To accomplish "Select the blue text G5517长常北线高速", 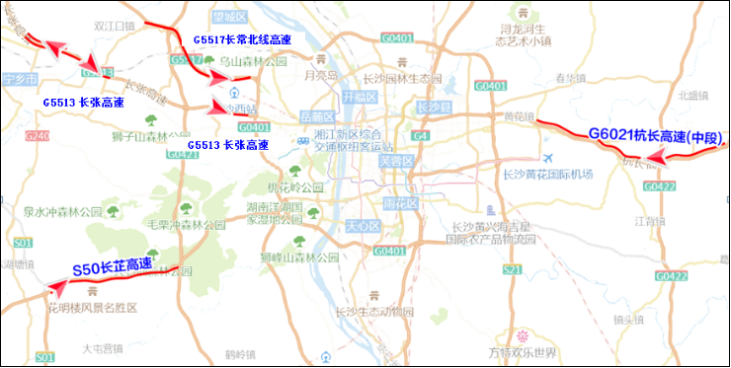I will click(242, 39).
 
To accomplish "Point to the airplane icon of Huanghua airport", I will click(548, 158).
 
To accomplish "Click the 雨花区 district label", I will click(401, 202).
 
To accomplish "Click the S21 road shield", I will click(511, 268).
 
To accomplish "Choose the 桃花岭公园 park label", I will click(295, 187).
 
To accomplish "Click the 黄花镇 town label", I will click(518, 117).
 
